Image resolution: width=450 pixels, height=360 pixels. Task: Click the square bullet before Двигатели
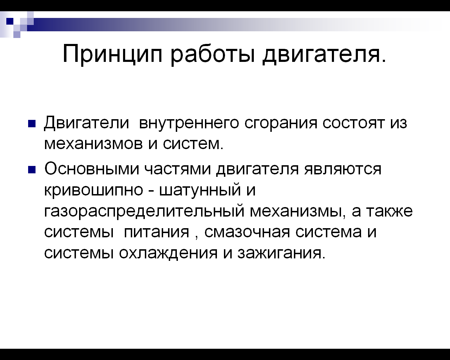pos(32,123)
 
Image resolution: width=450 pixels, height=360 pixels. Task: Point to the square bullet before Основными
pos(32,170)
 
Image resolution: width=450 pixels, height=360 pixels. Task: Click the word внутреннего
pos(189,123)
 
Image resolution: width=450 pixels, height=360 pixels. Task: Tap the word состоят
pos(354,123)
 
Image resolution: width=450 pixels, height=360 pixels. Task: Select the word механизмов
pos(94,144)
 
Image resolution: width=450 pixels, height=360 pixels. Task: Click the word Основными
pos(92,169)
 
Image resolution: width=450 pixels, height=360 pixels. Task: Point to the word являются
pos(343,169)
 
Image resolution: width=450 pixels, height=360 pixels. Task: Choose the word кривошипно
pos(94,191)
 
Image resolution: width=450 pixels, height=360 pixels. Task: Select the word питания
pos(157,232)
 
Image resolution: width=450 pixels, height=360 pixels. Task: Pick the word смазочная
pos(247,232)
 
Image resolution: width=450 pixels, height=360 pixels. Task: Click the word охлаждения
pos(168,254)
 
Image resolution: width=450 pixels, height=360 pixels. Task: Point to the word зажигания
pos(282,253)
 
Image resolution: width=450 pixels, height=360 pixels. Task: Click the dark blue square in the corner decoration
pos(10,21)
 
